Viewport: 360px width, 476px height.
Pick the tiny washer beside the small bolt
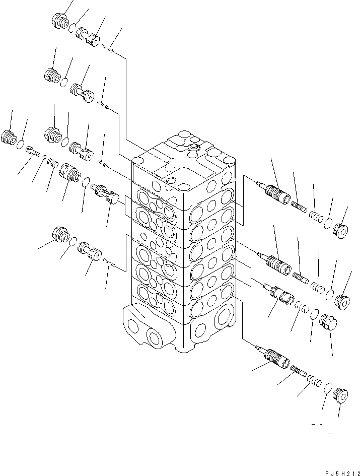tap(44, 158)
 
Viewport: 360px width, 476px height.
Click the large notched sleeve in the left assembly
tap(68, 174)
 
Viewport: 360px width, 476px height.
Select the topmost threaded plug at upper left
tap(59, 21)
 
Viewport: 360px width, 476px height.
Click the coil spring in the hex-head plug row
tap(301, 308)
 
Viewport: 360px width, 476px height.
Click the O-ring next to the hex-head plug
tap(313, 315)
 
